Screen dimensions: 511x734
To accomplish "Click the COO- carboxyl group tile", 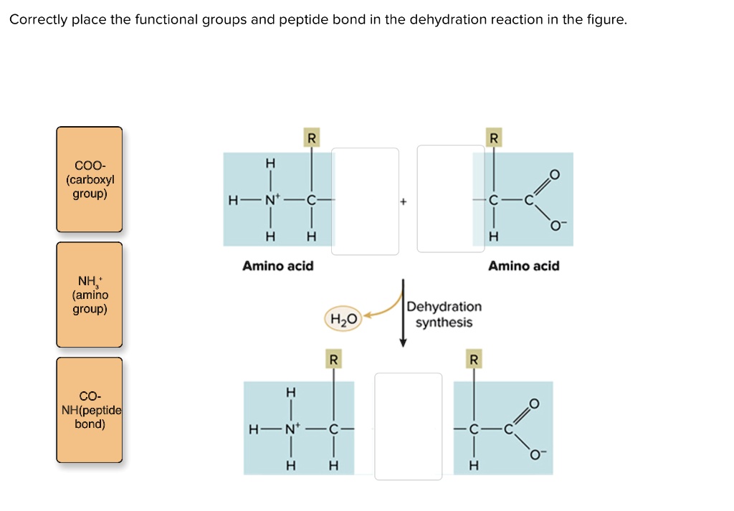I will click(90, 179).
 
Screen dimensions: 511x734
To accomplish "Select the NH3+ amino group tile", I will click(90, 295).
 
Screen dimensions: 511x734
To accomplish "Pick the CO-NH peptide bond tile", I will click(90, 410).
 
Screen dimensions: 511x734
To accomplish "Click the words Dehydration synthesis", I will click(444, 314).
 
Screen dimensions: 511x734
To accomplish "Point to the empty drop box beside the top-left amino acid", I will click(365, 201).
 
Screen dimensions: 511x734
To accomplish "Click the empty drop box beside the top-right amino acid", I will click(450, 199).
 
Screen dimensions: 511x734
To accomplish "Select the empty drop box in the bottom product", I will click(409, 426).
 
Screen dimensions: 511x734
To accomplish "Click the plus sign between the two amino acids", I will click(403, 203).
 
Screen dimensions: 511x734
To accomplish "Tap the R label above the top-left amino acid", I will click(310, 138).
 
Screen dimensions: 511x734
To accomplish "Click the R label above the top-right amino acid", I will click(492, 138).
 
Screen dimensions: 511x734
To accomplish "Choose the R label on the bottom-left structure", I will click(332, 358).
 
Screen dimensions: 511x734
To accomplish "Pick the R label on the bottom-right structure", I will click(472, 358).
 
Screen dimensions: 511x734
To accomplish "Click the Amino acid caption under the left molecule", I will click(278, 266).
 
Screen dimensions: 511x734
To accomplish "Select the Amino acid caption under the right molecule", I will click(524, 266).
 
